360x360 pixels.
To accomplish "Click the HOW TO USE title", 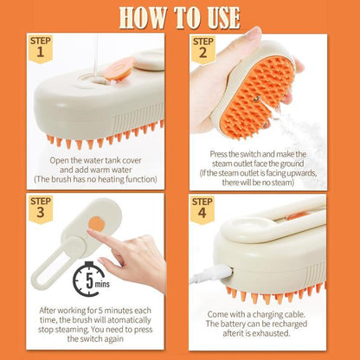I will pos(179,16).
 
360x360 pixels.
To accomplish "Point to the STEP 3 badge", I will pos(41,209).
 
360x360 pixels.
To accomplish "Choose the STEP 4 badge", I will pos(203,209).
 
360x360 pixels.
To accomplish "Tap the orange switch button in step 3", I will pos(95,224).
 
